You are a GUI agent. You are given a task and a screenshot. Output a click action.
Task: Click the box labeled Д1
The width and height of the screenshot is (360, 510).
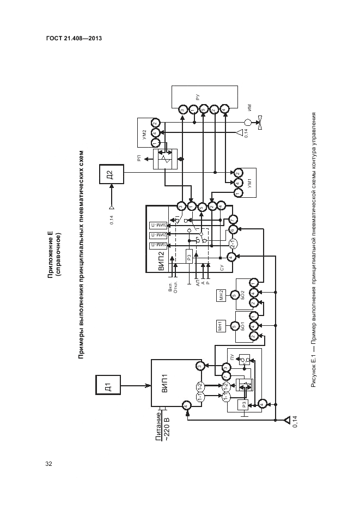(x=108, y=387)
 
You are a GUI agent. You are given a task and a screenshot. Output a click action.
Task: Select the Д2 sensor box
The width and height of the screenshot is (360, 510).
(x=109, y=175)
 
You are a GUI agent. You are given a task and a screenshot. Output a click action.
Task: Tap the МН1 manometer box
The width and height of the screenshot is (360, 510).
(x=221, y=326)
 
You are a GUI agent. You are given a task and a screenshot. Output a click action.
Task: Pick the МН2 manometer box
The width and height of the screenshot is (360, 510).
(x=221, y=296)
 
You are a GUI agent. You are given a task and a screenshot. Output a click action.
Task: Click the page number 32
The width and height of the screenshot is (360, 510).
(x=48, y=464)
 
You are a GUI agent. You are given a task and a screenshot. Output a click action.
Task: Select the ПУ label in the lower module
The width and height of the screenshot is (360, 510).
(x=232, y=357)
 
